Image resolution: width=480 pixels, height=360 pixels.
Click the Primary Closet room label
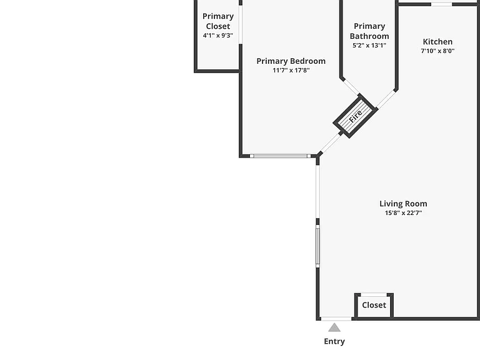click(x=218, y=21)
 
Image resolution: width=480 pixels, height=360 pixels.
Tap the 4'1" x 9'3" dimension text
click(x=218, y=36)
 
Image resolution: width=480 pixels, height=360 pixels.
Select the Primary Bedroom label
click(x=291, y=61)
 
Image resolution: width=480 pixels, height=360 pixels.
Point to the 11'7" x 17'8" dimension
click(x=291, y=71)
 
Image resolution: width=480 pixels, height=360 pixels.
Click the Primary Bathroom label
click(x=369, y=31)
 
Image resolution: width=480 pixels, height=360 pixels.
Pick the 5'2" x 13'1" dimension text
click(x=369, y=46)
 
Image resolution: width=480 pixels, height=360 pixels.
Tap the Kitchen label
click(x=437, y=42)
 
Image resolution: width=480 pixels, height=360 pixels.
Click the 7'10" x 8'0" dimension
click(x=437, y=51)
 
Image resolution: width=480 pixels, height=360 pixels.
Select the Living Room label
click(x=404, y=204)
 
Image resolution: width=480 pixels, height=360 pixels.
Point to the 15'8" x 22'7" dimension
click(x=404, y=213)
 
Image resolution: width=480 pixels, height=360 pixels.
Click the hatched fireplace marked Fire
click(x=355, y=116)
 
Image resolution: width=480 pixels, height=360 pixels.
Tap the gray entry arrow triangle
click(x=334, y=327)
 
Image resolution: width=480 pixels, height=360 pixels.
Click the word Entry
click(x=334, y=341)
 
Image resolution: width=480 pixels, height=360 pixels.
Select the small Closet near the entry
click(x=374, y=305)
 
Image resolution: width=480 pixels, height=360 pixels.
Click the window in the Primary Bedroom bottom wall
click(x=281, y=156)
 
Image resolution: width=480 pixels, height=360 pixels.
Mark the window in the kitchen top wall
click(x=441, y=4)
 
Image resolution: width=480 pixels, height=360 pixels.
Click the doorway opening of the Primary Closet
click(x=241, y=25)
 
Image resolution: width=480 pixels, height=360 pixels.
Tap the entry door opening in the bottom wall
click(x=336, y=319)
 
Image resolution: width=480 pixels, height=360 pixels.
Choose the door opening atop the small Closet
click(x=374, y=295)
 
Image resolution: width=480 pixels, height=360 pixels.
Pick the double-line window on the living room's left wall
click(x=317, y=246)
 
